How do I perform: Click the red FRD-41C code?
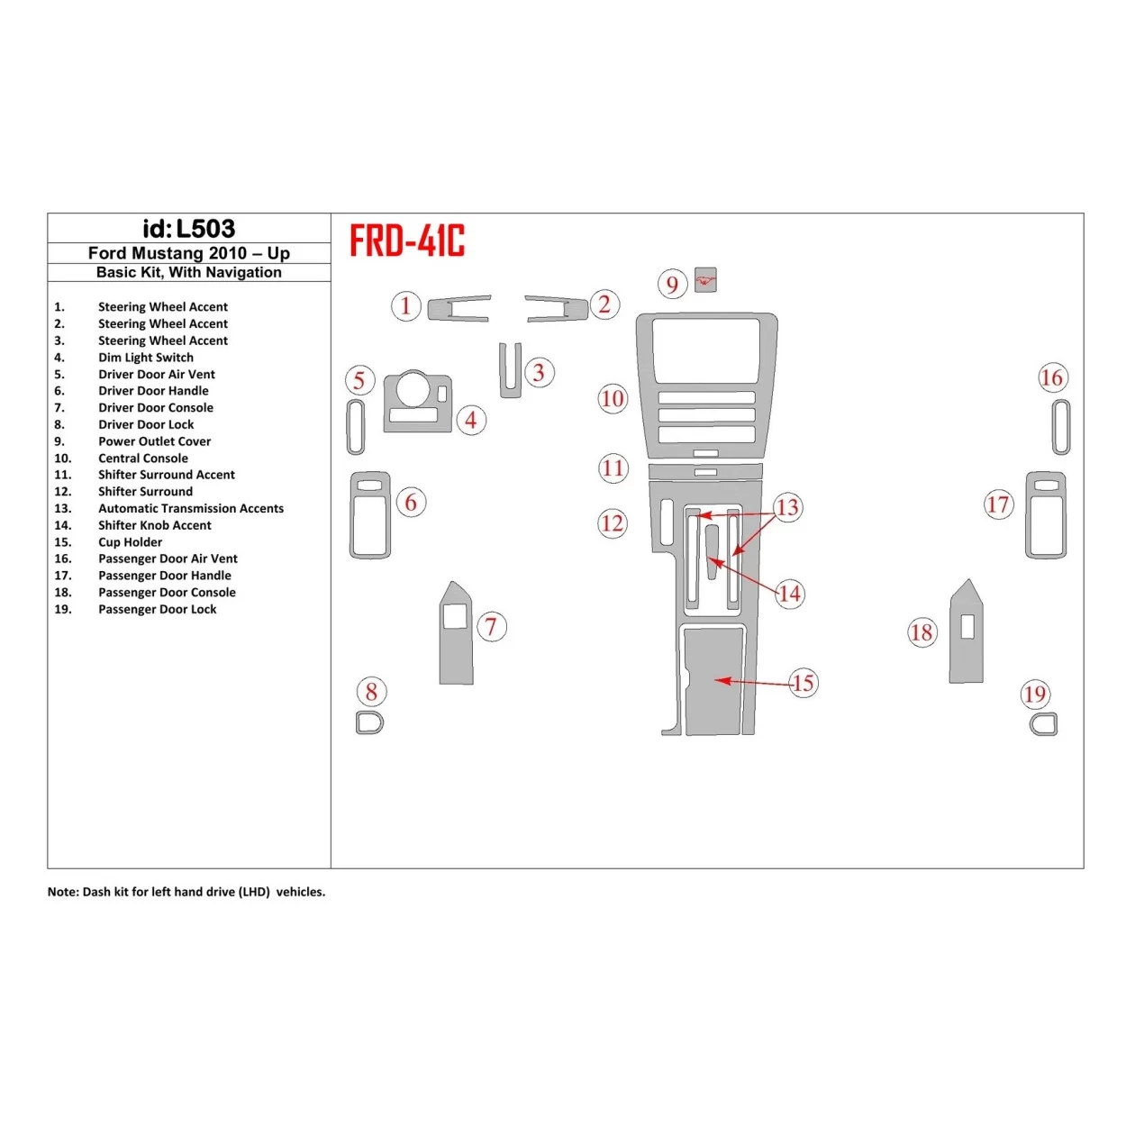(x=407, y=241)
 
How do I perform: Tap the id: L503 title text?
(x=188, y=229)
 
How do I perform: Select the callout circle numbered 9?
(x=672, y=285)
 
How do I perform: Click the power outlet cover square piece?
(x=706, y=280)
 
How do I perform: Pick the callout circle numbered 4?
(x=471, y=420)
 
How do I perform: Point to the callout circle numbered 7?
(x=491, y=627)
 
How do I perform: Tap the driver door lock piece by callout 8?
(x=369, y=722)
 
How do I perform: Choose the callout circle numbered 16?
(x=1051, y=378)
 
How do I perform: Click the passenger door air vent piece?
(x=1060, y=427)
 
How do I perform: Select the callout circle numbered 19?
(x=1035, y=695)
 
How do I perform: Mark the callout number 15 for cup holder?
(x=803, y=683)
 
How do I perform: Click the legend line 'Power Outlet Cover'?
(x=154, y=441)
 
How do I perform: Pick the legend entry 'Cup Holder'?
(x=130, y=542)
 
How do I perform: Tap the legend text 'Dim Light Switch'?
(x=145, y=358)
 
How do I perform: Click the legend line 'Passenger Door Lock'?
(x=157, y=610)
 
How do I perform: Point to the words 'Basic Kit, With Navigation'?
(x=188, y=272)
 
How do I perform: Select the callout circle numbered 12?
(x=613, y=523)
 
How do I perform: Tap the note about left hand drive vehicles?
(x=186, y=892)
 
